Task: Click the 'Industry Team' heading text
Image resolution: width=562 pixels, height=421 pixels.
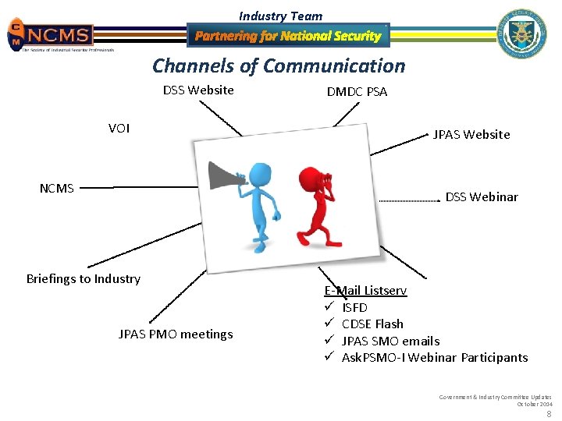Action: [x=280, y=16]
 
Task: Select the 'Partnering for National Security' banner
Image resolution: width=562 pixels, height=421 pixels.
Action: [x=288, y=36]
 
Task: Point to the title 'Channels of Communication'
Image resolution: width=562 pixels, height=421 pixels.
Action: [x=279, y=66]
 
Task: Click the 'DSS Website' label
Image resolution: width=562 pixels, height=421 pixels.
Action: [x=198, y=90]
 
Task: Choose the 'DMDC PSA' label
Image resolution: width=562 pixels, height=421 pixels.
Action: [x=357, y=92]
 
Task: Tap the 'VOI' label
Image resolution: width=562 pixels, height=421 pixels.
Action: [x=119, y=129]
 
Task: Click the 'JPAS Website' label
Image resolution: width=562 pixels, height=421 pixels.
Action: [x=471, y=135]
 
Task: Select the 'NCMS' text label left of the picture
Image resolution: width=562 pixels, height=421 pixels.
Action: [x=57, y=188]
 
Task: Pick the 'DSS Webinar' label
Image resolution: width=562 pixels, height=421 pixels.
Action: [x=482, y=197]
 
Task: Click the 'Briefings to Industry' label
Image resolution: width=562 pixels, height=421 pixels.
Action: [x=84, y=279]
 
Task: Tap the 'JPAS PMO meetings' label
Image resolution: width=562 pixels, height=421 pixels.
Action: [x=176, y=334]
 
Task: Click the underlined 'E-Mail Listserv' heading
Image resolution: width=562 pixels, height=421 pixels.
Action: [x=365, y=291]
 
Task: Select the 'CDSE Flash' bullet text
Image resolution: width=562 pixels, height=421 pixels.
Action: [x=372, y=324]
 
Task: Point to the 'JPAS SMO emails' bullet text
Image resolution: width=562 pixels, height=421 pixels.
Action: [x=390, y=341]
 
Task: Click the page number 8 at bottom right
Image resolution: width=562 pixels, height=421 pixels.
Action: [x=548, y=414]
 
